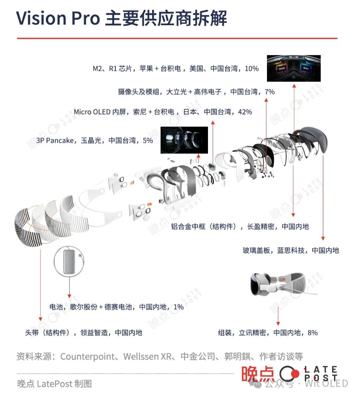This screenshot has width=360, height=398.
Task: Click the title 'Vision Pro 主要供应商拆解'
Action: (122, 18)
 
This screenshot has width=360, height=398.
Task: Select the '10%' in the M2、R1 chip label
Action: (252, 69)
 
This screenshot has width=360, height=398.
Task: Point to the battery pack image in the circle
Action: (68, 261)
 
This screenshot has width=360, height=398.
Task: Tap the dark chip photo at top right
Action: (293, 68)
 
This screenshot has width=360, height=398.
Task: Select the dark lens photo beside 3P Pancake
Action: (184, 140)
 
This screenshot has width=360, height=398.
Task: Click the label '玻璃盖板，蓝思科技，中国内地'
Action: (290, 250)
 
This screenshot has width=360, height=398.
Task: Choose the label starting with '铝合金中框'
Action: (240, 227)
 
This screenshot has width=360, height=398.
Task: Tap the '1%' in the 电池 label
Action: (179, 307)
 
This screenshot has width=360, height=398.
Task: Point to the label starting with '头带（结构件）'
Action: (84, 332)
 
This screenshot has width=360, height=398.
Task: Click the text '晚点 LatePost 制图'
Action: (54, 383)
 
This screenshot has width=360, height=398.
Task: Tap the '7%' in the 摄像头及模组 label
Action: (269, 91)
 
